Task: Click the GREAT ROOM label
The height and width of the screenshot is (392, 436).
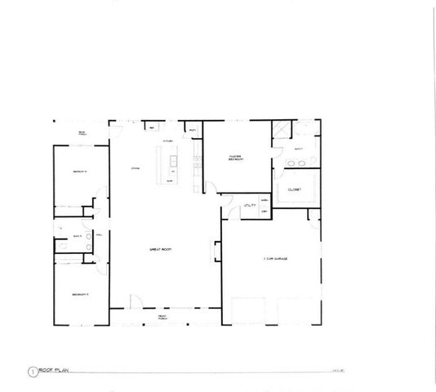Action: click(x=158, y=248)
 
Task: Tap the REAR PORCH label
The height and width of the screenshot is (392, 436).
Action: click(x=83, y=132)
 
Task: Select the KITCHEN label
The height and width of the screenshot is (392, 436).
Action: click(x=168, y=141)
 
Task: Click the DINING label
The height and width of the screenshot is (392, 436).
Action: click(x=136, y=168)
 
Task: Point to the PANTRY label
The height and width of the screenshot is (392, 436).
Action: click(x=193, y=131)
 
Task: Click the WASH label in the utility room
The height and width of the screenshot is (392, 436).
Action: click(x=264, y=200)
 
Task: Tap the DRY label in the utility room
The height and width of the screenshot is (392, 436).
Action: click(x=264, y=211)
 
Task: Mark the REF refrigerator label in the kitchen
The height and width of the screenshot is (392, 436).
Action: click(x=151, y=128)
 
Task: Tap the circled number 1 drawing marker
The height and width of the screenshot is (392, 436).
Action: click(x=32, y=370)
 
